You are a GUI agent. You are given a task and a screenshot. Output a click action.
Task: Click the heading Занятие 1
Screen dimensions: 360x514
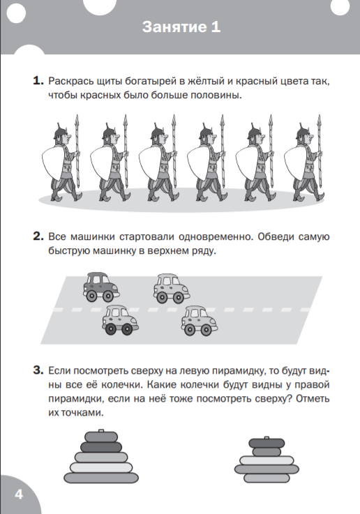(x=181, y=27)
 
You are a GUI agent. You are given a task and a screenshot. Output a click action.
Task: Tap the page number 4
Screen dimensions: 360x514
(x=19, y=494)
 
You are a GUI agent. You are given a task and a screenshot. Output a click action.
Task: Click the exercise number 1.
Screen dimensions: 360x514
(x=38, y=81)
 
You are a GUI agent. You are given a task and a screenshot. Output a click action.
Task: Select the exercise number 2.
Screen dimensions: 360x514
(x=38, y=236)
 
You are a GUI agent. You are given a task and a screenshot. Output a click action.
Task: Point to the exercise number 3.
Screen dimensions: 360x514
(x=38, y=370)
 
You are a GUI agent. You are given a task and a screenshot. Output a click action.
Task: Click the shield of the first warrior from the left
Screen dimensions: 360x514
(x=54, y=162)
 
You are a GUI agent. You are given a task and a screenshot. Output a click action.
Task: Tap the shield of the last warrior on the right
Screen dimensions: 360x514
(x=296, y=162)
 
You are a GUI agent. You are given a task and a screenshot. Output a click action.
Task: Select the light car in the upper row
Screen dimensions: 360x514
(x=171, y=289)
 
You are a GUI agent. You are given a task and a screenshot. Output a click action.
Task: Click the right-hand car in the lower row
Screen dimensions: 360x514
(x=200, y=321)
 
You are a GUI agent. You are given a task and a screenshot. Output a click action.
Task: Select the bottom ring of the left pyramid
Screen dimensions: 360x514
(x=101, y=478)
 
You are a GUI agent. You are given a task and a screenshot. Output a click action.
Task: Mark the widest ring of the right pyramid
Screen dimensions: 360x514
(x=267, y=469)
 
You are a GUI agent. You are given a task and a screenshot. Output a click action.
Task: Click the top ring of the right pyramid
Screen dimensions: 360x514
(x=267, y=443)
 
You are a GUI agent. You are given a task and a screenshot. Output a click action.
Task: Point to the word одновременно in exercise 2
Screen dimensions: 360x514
(x=216, y=236)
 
